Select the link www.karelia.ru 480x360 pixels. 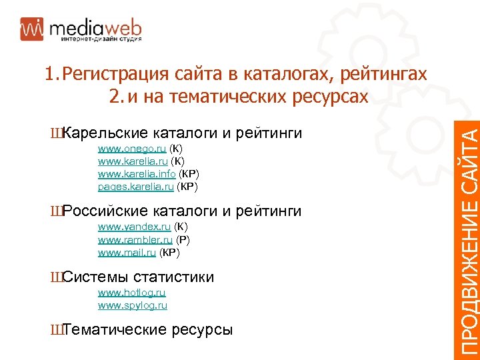133,161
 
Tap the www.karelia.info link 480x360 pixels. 137,174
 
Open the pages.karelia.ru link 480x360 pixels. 136,187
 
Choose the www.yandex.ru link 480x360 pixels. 133,227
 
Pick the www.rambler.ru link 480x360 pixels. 135,240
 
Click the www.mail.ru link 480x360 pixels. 127,253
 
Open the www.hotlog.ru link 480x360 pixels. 132,293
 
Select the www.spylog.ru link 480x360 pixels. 133,305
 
